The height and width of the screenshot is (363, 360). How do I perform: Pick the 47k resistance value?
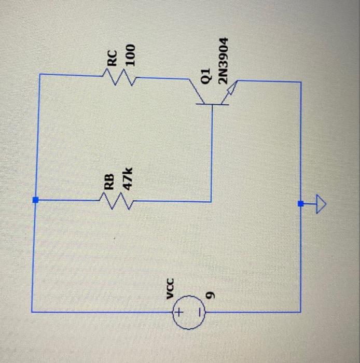127,179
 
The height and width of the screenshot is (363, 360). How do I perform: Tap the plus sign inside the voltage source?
178,313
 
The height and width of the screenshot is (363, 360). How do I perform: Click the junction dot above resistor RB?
35,200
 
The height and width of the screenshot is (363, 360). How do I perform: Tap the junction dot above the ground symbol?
300,204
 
